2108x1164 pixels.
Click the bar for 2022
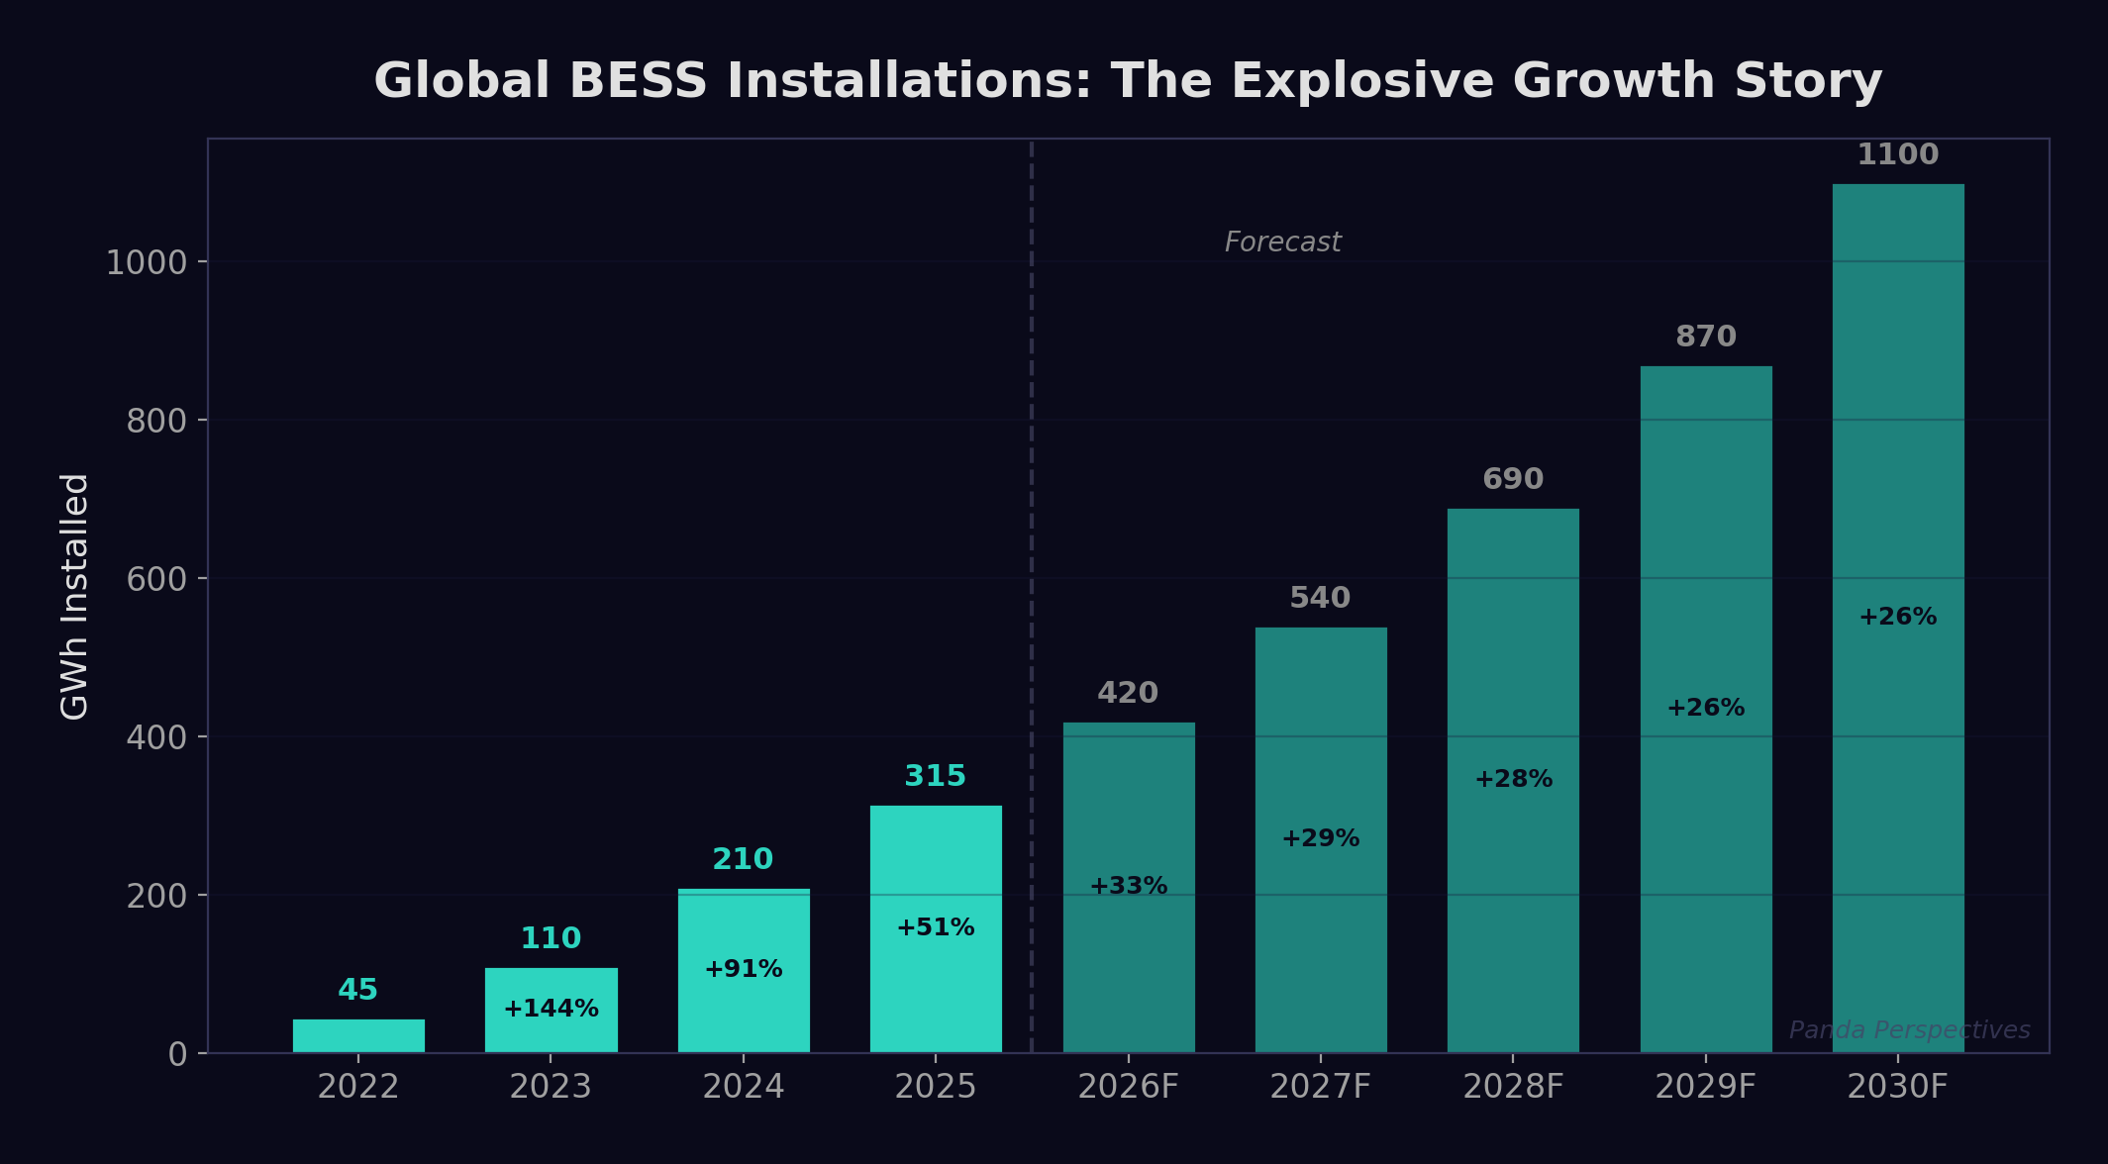point(358,1035)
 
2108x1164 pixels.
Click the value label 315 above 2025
point(935,776)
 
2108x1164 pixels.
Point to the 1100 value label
point(1897,154)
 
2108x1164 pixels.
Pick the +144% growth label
point(551,1009)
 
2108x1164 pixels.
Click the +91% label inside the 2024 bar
point(743,969)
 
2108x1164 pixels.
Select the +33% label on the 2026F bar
point(1128,886)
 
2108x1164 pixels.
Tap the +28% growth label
point(1513,779)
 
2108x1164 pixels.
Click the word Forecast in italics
point(1282,242)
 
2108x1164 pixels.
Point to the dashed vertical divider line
point(1032,594)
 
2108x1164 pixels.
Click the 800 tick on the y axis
point(156,421)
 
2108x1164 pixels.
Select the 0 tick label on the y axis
point(177,1054)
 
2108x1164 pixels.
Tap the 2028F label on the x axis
point(1513,1087)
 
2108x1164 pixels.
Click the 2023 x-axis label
point(551,1087)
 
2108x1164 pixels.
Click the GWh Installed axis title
point(75,596)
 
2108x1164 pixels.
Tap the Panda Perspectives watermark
point(1909,1030)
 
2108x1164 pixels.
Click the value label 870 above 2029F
point(1705,337)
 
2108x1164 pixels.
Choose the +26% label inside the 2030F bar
point(1897,617)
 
